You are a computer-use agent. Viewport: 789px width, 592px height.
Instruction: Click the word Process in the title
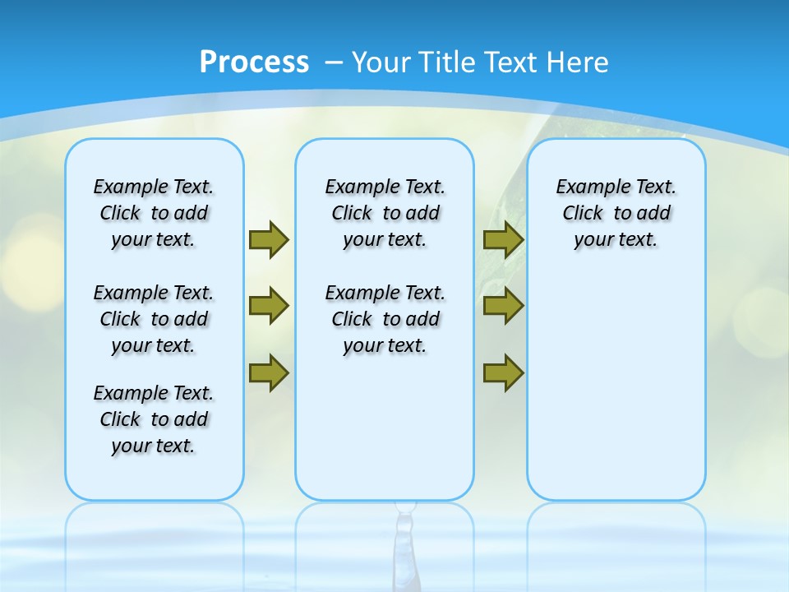coord(254,62)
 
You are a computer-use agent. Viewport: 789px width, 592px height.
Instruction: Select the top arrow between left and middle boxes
coord(269,239)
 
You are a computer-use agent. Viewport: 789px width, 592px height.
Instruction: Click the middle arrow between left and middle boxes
coord(269,306)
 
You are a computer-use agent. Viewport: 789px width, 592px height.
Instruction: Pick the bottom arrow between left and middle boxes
coord(269,373)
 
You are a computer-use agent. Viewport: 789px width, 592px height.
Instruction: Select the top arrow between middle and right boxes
coord(503,239)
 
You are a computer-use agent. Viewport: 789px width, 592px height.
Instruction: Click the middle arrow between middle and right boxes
coord(503,306)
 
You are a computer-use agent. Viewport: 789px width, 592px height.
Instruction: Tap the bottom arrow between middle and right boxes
coord(503,373)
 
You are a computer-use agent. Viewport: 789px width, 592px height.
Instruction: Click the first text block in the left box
coord(154,213)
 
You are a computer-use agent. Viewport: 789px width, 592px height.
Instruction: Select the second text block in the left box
coord(154,319)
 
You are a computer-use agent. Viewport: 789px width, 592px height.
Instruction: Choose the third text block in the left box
coord(154,419)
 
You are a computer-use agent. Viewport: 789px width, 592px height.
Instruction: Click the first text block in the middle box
coord(385,213)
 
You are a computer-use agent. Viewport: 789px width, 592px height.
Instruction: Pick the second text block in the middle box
coord(385,319)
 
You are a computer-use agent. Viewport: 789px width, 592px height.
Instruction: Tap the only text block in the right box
coord(616,213)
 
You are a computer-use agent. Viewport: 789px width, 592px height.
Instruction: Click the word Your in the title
coord(381,62)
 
